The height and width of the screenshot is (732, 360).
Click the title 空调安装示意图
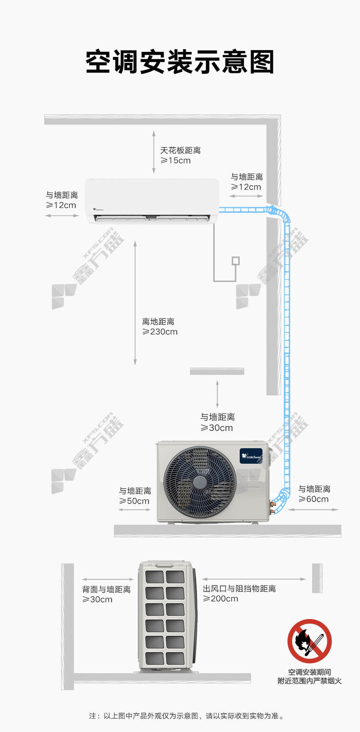point(180,62)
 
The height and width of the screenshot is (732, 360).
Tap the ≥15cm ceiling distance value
point(175,161)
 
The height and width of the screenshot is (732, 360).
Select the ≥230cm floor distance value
point(160,332)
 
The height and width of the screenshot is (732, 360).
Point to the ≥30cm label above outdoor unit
point(216,428)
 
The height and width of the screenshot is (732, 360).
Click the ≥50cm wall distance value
point(134,502)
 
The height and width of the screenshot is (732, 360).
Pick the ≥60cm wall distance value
point(314,499)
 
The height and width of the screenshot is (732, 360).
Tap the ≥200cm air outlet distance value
point(221,599)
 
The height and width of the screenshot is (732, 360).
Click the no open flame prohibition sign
point(309,641)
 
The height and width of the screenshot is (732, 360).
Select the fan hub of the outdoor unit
point(200,482)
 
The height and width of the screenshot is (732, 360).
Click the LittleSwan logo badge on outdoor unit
point(251,456)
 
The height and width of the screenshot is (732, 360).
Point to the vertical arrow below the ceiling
point(154,152)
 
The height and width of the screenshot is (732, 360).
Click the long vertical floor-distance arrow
point(135,303)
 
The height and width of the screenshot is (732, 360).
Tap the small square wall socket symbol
point(236,261)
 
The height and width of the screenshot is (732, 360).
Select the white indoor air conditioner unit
point(152,201)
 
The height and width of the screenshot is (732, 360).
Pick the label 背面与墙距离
point(106,589)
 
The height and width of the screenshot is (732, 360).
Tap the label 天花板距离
point(180,150)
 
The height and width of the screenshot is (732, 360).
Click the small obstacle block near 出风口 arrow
point(317,578)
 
